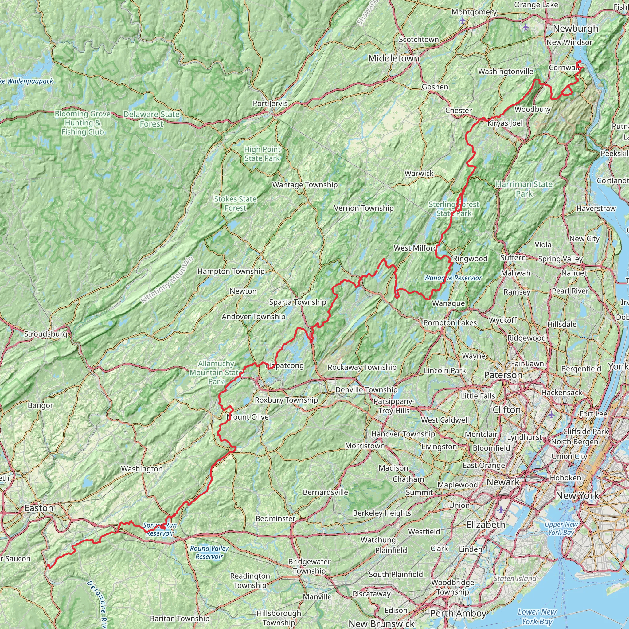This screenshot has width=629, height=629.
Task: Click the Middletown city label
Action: pos(394,59)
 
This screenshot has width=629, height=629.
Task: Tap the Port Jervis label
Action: pos(270,104)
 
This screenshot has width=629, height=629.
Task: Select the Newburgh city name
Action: pos(576,29)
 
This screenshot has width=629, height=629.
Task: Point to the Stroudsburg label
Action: pos(45,334)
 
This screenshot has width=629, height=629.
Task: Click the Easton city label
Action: pos(39,508)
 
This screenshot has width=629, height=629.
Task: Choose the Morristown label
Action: pos(365,445)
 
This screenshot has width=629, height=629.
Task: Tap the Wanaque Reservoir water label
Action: pos(452,278)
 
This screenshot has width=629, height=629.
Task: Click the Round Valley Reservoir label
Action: pos(209,552)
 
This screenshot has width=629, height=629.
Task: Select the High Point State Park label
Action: pos(262,154)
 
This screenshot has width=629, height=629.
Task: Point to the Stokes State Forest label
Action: pos(235,204)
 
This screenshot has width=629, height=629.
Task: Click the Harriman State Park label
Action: pos(524,189)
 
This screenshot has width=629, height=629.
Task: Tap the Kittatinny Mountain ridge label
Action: pos(167,280)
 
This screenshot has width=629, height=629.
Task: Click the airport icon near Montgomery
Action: pos(463,21)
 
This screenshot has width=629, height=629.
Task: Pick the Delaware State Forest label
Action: pos(151,119)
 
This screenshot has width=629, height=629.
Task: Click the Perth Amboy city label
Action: pos(458,613)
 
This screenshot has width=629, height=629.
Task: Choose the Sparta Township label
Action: pos(298,302)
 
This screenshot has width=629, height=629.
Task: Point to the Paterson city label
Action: pos(503,375)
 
